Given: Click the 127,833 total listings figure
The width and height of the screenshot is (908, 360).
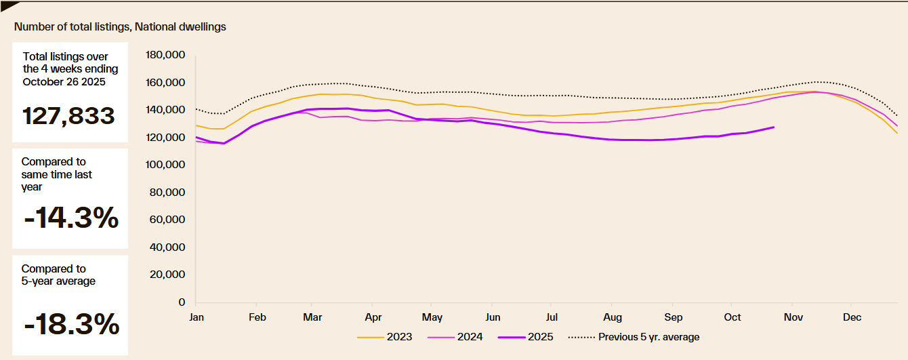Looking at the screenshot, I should coord(68,115).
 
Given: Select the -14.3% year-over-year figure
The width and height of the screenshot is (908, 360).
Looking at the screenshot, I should coord(70,218).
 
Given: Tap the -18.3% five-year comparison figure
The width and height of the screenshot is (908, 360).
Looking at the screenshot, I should coord(71,325).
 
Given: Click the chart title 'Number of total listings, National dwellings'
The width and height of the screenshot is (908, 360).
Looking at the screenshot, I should coord(120,27).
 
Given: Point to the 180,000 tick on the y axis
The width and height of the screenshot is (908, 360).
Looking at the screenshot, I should coord(165,55).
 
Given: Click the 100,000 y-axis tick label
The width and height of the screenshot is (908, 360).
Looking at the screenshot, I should coord(165,165).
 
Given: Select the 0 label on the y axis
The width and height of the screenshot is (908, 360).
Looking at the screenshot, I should coord(182,302).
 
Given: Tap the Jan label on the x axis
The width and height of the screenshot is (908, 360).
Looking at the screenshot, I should coord(197,317).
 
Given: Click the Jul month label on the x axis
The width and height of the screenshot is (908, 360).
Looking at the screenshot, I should coord(552,317).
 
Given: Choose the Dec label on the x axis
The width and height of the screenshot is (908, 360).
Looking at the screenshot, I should coord(852,317).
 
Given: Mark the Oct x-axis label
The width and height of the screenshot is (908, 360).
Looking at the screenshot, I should coord(732,317).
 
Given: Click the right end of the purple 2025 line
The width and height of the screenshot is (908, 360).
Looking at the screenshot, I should coord(774,127).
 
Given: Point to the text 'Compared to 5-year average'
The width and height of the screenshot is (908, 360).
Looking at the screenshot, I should coord(58,275).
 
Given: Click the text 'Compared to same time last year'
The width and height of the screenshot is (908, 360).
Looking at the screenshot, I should coord(57,174).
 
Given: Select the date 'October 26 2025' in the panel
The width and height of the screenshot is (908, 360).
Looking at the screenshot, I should coord(64,82).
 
